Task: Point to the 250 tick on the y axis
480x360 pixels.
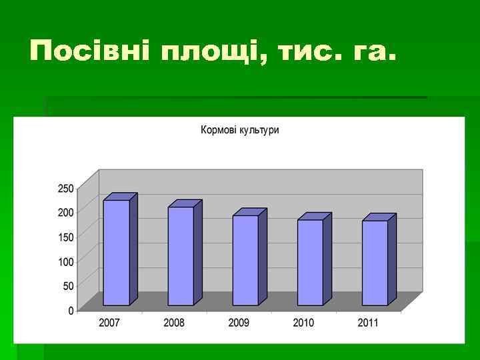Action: (x=65, y=189)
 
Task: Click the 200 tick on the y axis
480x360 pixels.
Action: (x=65, y=213)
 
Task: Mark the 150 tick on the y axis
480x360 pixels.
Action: (x=65, y=237)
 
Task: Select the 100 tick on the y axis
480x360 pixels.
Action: (x=65, y=262)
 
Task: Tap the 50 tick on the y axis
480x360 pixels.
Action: (x=68, y=286)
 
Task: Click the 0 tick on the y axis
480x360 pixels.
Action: (x=71, y=311)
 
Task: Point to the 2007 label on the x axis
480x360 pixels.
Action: (x=109, y=323)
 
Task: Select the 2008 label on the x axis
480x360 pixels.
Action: (x=174, y=323)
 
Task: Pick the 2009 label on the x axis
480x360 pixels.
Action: (x=239, y=323)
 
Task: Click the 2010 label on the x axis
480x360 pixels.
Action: (x=303, y=323)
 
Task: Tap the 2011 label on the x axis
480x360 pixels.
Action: (x=367, y=323)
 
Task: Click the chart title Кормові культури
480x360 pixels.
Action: (x=240, y=130)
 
